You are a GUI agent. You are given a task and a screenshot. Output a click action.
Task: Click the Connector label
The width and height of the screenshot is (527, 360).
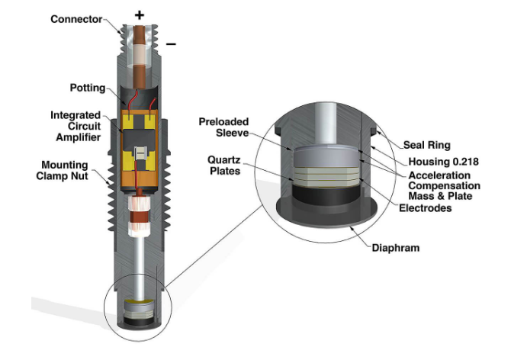click(x=77, y=18)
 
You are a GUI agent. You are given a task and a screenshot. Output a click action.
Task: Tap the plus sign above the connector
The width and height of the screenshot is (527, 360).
click(x=139, y=14)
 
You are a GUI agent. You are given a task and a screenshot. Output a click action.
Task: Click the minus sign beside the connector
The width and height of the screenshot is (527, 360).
click(x=171, y=44)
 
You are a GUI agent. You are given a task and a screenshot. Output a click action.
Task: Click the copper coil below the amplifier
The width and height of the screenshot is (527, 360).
click(x=140, y=216)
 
